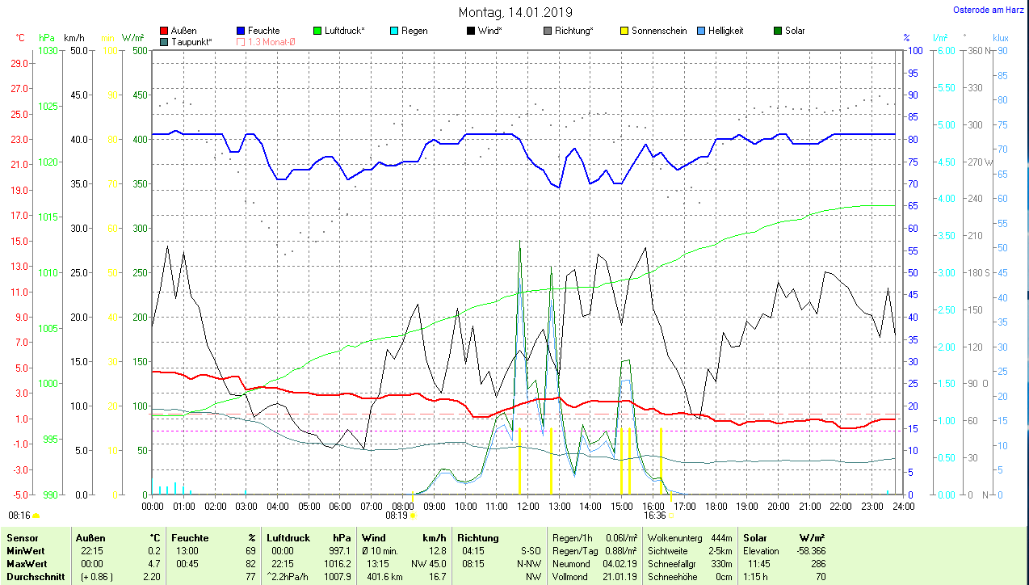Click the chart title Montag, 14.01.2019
515,12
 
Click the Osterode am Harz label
989,10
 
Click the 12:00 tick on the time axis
527,507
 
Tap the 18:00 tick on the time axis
715,507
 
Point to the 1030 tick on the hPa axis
48,50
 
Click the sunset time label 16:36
654,515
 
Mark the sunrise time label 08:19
397,515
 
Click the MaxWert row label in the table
27,563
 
